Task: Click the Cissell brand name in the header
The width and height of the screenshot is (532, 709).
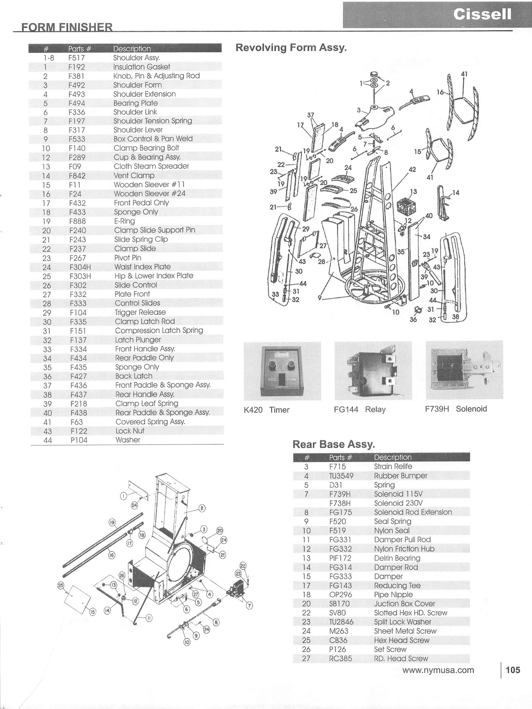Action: (x=482, y=14)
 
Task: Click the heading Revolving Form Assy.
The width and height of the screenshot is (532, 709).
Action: (x=291, y=47)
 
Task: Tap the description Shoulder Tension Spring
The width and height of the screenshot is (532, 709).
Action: (x=153, y=121)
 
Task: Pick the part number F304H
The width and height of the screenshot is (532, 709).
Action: (x=80, y=267)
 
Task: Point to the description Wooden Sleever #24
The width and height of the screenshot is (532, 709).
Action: (x=149, y=194)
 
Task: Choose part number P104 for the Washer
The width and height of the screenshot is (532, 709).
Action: (x=79, y=440)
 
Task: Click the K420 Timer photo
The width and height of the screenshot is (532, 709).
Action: (x=282, y=371)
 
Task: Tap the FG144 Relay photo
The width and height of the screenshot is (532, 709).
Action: (x=373, y=370)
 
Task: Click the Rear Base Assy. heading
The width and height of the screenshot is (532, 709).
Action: (x=334, y=444)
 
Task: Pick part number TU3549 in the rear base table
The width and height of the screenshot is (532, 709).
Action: (x=341, y=476)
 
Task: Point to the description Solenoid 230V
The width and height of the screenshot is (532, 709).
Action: (x=398, y=503)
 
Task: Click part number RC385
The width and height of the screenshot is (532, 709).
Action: (x=340, y=658)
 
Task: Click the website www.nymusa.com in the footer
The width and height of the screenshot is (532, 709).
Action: (x=438, y=670)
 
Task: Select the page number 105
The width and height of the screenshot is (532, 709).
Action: (x=513, y=670)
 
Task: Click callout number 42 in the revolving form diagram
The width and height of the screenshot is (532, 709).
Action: (x=412, y=169)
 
